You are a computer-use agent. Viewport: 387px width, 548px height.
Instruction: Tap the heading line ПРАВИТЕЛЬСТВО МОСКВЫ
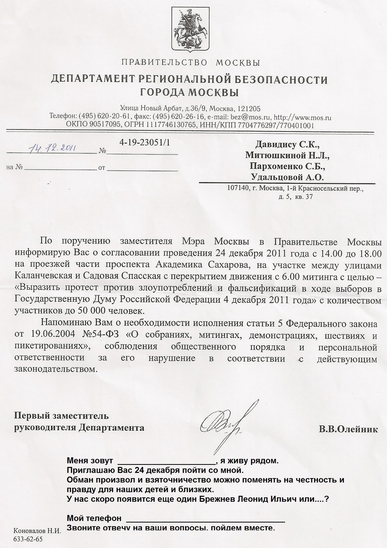coord(191,63)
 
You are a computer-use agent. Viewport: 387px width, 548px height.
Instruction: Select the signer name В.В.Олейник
coord(348,429)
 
